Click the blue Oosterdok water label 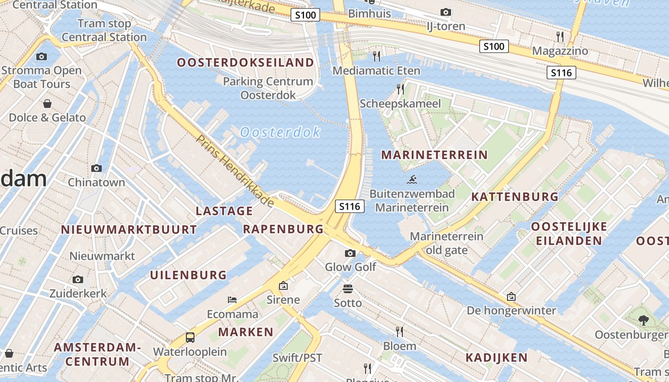pos(280,132)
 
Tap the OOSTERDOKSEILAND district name pos(246,63)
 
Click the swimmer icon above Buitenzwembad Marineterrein pos(412,180)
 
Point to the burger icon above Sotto pos(347,289)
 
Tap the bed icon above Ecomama pos(232,300)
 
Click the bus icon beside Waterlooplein pos(190,338)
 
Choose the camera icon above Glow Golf pos(350,253)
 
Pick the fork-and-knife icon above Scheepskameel pos(400,89)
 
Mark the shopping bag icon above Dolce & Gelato pos(47,104)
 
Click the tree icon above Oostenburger pos(643,320)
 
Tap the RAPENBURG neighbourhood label pos(283,229)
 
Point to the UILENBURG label pos(188,275)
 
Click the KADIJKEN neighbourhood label pos(496,358)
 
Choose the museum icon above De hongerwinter pos(511,297)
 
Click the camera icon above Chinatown pos(97,168)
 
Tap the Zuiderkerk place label pos(78,293)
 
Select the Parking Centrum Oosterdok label pos(268,88)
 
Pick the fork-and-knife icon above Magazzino pos(560,36)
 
